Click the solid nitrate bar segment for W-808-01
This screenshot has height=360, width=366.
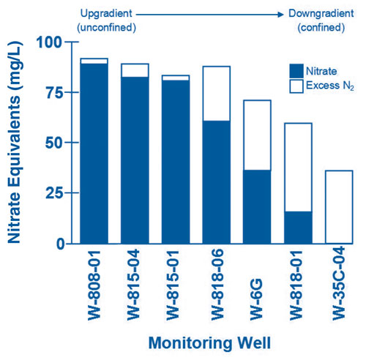(x=94, y=154)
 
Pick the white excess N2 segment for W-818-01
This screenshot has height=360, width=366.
(x=298, y=167)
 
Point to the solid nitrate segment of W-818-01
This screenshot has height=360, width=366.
(x=298, y=228)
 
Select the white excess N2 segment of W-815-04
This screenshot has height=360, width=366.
(x=135, y=70)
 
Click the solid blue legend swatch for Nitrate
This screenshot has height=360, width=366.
(x=296, y=71)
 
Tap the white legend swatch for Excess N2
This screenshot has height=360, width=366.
(x=296, y=86)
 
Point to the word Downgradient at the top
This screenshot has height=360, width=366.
(x=320, y=13)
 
